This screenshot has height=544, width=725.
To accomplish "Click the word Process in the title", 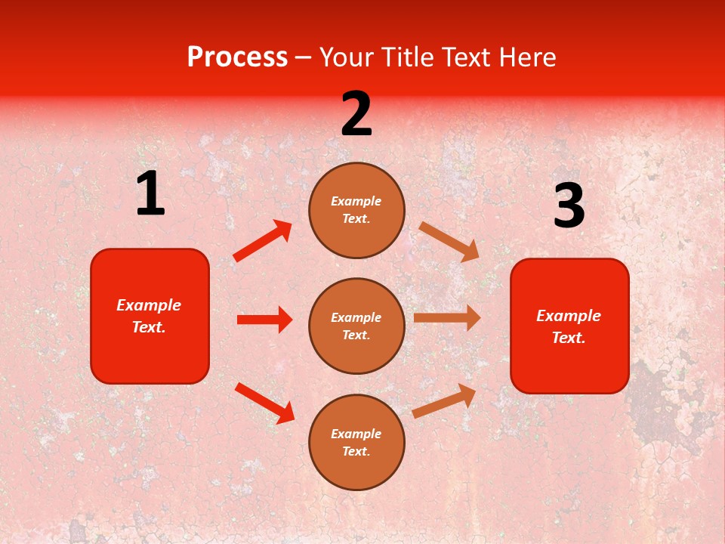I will (x=237, y=57).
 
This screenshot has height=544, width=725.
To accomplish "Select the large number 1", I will (x=150, y=194).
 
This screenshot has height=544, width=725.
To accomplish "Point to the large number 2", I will (x=356, y=114).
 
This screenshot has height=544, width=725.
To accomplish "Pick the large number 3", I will (x=569, y=206).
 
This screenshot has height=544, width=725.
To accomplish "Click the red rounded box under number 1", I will (x=150, y=316).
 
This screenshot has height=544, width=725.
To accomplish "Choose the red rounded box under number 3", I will (x=569, y=326).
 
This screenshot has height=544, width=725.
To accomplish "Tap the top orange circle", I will (x=356, y=210).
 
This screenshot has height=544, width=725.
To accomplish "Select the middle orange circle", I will (x=356, y=326).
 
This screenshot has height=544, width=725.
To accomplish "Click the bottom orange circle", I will (x=356, y=442).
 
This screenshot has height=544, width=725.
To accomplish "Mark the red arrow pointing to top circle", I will (x=263, y=241).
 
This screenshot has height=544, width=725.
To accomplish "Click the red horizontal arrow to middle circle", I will (x=264, y=320).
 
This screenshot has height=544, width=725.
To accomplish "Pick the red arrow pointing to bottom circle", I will (x=264, y=403).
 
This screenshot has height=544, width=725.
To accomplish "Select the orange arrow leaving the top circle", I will (x=449, y=241).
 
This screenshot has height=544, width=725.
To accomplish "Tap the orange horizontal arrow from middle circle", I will (x=447, y=318).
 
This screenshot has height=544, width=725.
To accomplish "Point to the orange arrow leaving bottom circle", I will (x=445, y=401).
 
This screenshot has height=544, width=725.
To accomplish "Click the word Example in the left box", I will (x=149, y=305).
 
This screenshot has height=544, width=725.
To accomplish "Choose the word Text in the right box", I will (x=568, y=338).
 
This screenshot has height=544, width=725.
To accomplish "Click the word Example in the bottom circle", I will (x=356, y=434).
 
